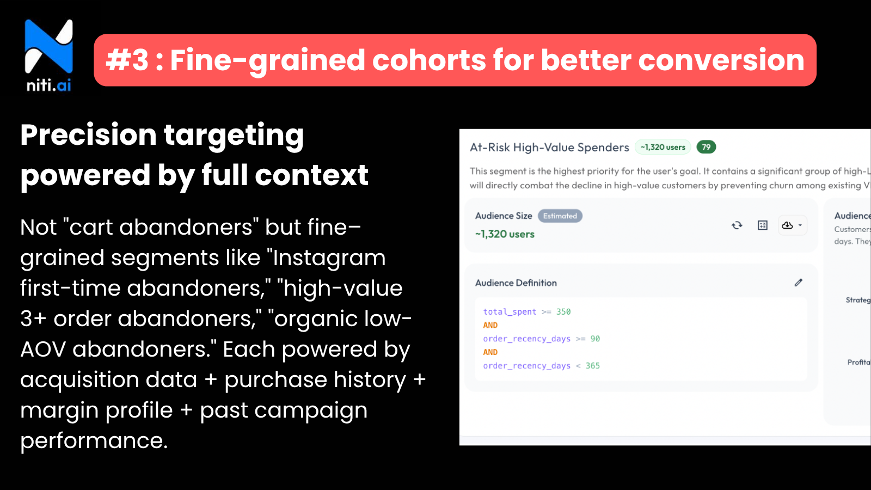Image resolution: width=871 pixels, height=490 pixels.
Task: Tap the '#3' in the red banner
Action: [x=127, y=60]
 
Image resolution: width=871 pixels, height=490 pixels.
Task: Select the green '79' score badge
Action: [x=706, y=147]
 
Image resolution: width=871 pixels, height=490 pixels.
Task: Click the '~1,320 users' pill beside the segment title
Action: [x=663, y=147]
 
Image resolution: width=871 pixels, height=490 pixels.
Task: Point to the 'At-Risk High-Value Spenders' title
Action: [x=549, y=148]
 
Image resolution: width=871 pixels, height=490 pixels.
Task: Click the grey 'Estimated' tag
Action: [x=560, y=216]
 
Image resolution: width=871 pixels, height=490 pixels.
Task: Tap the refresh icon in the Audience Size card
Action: [x=737, y=225]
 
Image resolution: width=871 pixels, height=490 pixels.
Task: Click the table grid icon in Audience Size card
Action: [x=763, y=225]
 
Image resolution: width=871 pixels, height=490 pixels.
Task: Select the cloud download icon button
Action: [x=788, y=225]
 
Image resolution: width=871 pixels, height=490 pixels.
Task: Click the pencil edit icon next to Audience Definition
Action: [x=798, y=283]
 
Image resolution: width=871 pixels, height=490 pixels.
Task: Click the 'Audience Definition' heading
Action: [x=516, y=283]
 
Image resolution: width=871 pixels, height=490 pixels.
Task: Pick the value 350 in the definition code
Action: [x=563, y=312]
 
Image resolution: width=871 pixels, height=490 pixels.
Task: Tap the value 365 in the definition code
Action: [x=593, y=366]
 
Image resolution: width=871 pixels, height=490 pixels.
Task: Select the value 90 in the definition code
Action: [x=595, y=339]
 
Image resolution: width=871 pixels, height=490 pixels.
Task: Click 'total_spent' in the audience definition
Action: [x=510, y=312]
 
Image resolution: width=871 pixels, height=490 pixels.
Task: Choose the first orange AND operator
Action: [x=490, y=325]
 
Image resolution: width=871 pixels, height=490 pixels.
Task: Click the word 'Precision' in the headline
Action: [x=88, y=135]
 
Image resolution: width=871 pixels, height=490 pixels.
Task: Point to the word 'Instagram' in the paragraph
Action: [x=329, y=258]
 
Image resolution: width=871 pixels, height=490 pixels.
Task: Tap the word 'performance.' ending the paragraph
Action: [x=94, y=441]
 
